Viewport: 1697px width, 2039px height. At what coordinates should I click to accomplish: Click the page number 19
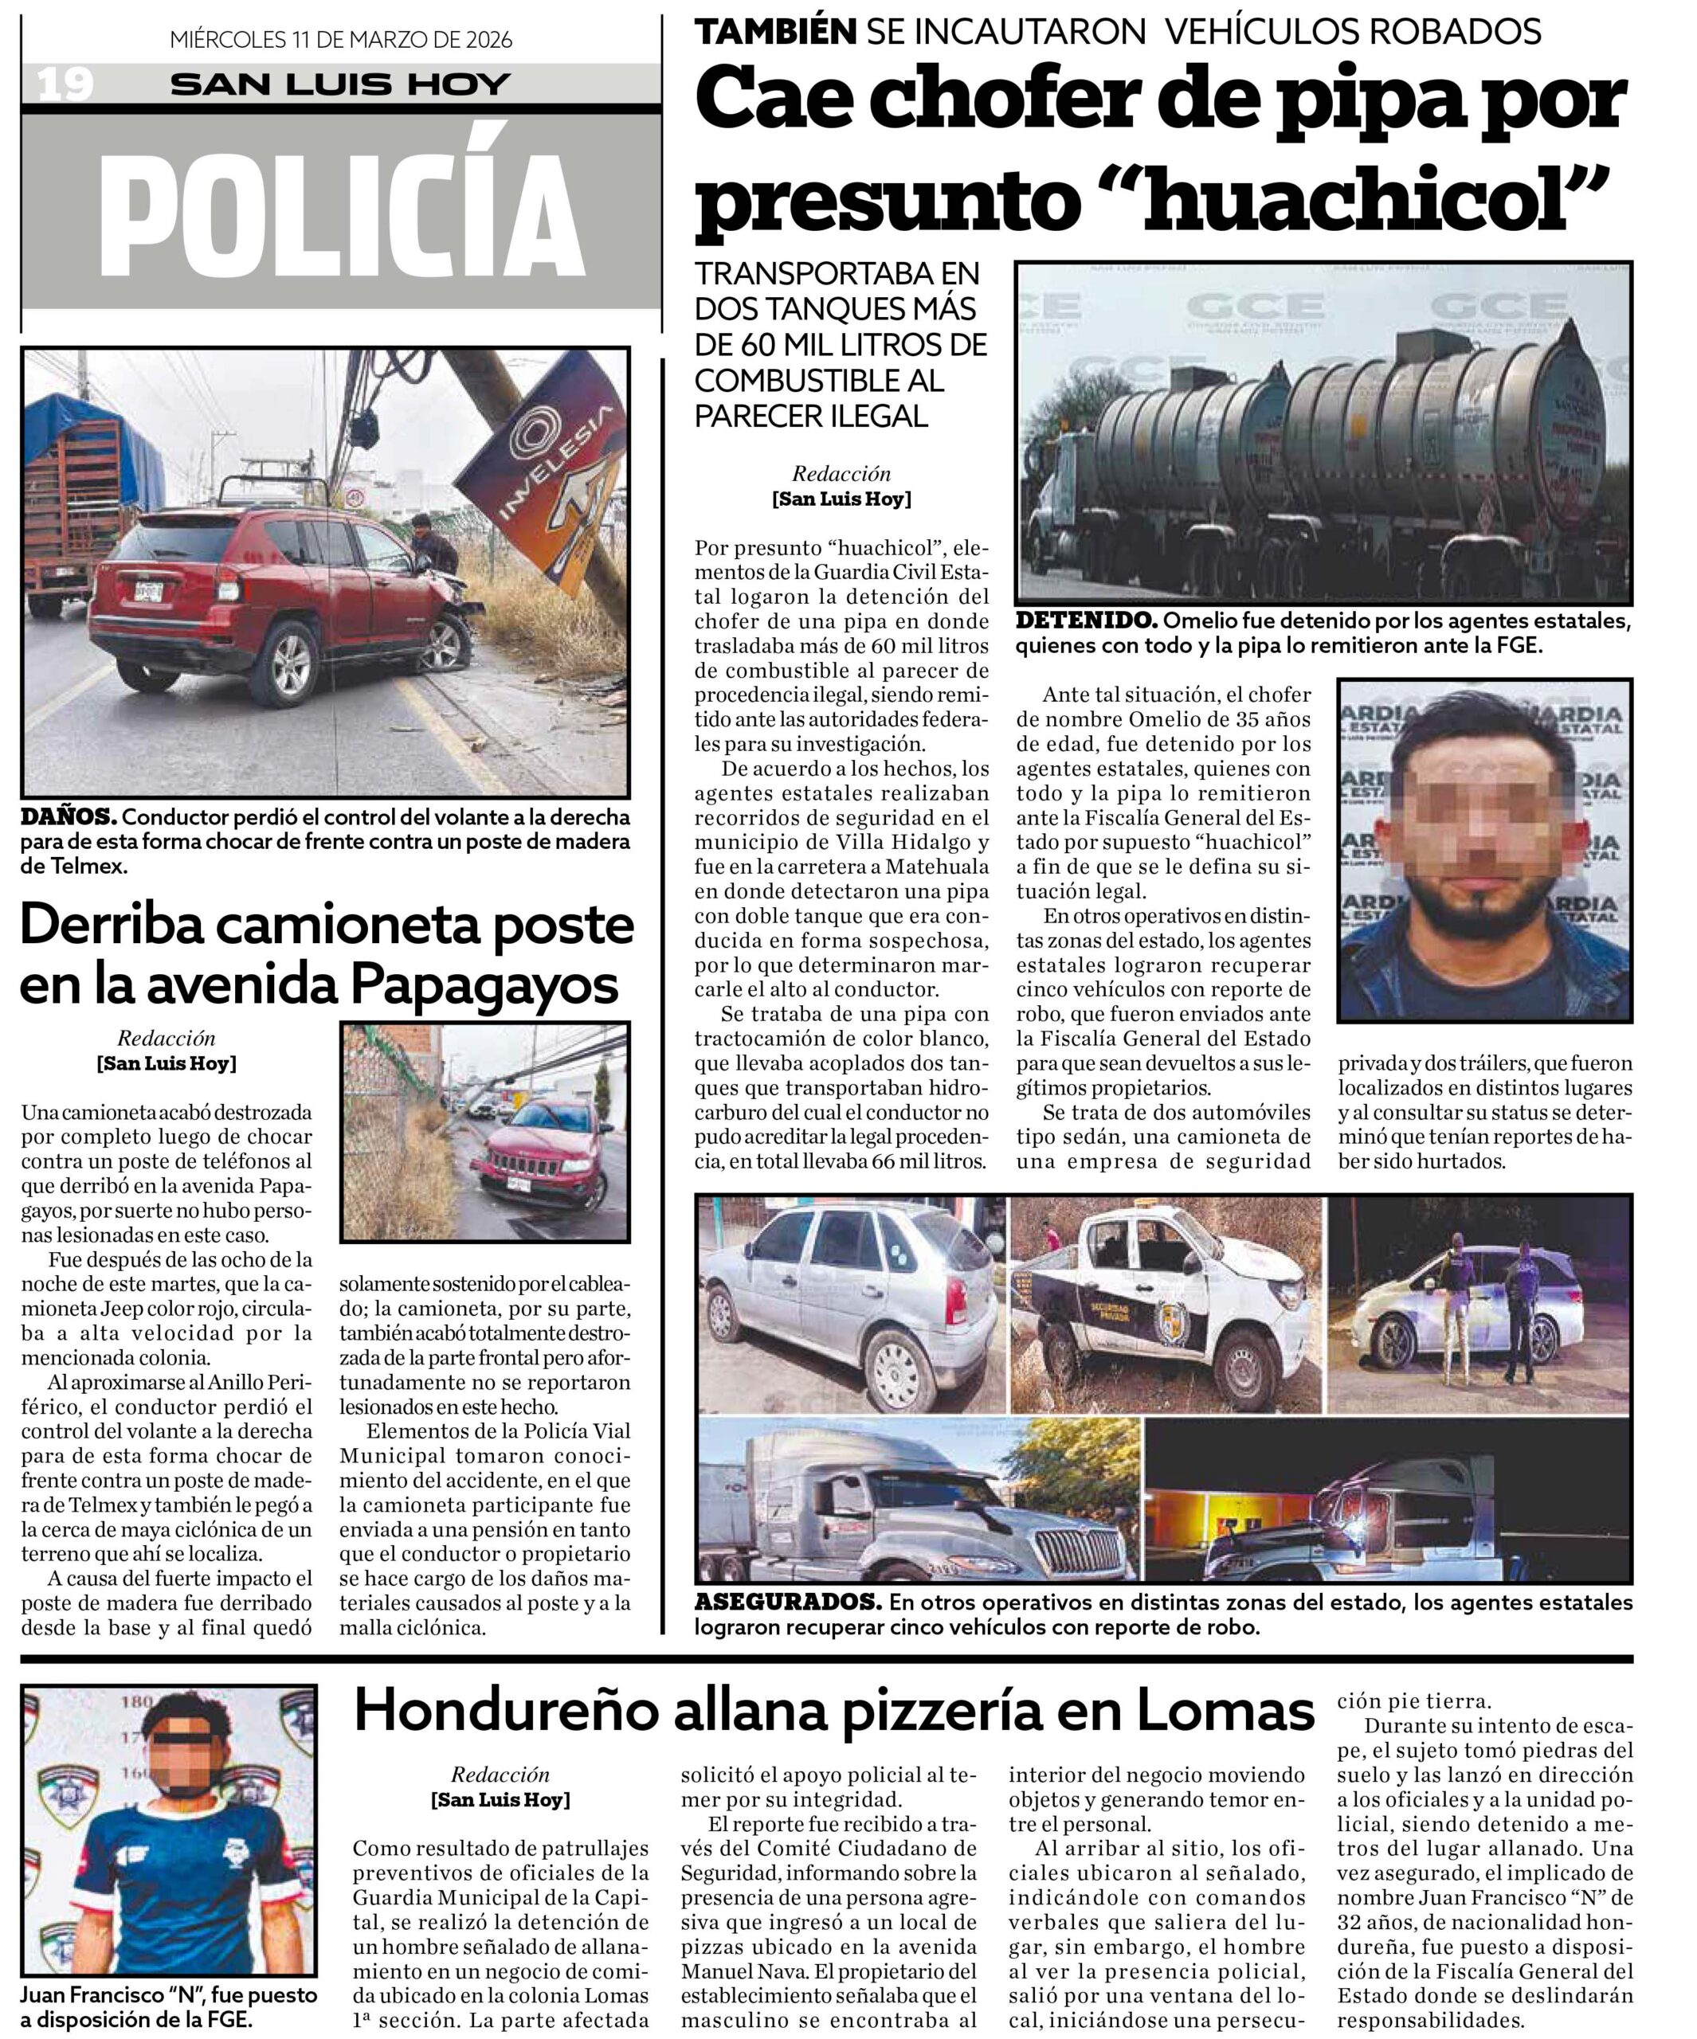point(65,84)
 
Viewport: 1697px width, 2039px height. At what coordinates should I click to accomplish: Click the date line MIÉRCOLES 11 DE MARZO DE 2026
point(340,40)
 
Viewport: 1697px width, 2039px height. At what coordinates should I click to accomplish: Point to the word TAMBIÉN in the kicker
point(775,32)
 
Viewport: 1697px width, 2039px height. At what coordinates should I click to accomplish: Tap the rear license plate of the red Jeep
point(147,590)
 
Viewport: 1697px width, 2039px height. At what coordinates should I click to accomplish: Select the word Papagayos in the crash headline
point(484,985)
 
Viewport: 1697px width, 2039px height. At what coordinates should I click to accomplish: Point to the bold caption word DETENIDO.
point(1085,620)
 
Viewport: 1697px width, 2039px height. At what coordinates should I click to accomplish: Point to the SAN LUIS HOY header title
point(340,84)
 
